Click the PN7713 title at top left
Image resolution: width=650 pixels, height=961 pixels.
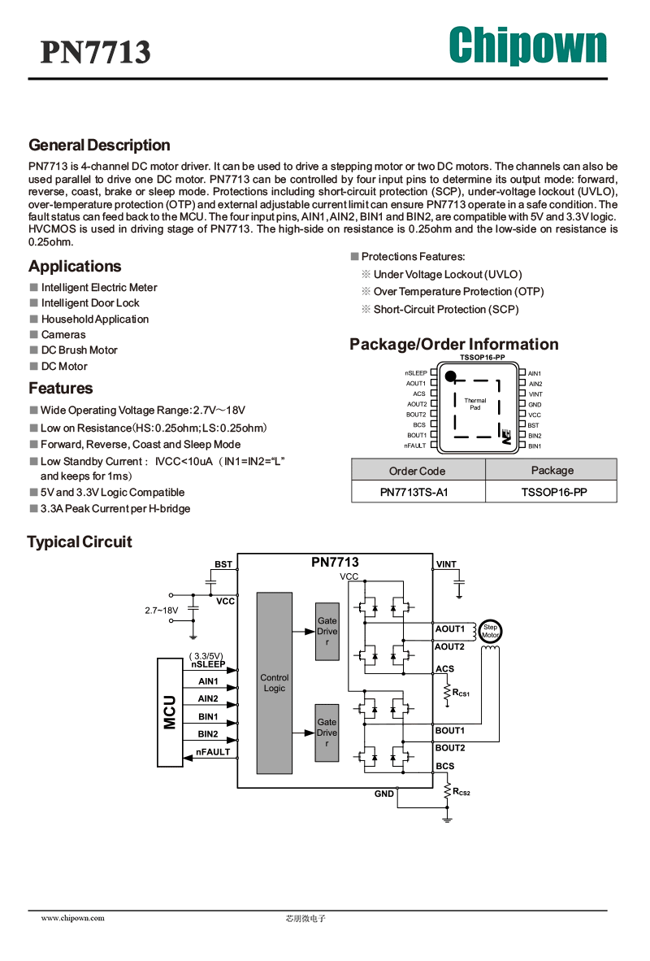point(96,52)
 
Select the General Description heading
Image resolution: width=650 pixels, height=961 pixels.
point(99,146)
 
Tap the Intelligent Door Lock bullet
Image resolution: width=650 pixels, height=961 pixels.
point(90,302)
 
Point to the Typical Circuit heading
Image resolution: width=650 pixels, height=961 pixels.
point(80,541)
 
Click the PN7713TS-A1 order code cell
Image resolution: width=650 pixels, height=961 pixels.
point(414,492)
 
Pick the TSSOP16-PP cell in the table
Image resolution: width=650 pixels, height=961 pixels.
point(554,492)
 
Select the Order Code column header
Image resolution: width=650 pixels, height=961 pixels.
point(417,471)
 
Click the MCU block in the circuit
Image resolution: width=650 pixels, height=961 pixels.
point(171,712)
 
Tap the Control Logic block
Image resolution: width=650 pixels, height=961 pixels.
point(275,683)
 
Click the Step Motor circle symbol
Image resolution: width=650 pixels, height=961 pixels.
point(490,631)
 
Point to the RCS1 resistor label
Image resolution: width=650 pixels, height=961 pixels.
point(461,693)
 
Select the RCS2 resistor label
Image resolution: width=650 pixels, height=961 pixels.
point(461,792)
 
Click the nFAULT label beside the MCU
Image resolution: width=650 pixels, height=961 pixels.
point(213,752)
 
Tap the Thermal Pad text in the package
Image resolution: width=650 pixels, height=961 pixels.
point(474,404)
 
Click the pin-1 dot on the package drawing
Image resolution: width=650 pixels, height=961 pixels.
point(450,376)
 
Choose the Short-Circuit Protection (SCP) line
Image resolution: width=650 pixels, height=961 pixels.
point(446,310)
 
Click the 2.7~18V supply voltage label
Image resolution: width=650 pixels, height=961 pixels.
point(161,611)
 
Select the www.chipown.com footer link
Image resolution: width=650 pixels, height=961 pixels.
point(73,918)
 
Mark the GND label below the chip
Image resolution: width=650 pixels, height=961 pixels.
point(384,794)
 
